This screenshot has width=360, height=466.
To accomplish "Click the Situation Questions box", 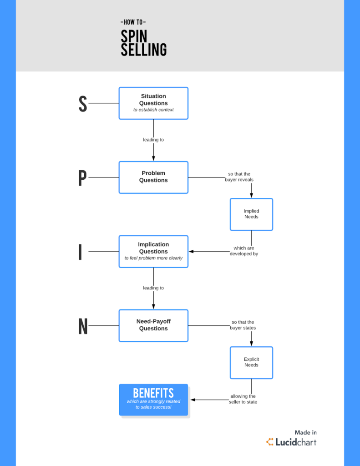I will (x=153, y=103).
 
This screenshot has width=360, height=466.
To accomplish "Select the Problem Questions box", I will (x=153, y=177).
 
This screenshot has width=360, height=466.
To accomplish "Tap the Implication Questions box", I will (x=153, y=251).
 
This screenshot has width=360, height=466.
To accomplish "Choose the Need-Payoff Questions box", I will (x=153, y=325).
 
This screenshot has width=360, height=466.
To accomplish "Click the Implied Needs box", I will (x=251, y=214).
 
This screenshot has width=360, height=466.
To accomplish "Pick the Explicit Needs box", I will (x=251, y=362).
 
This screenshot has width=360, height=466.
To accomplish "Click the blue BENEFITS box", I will (x=153, y=399).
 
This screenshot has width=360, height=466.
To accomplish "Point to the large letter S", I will (x=82, y=104).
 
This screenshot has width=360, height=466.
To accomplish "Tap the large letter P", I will (x=82, y=178).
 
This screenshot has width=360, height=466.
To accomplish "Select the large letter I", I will (x=81, y=252).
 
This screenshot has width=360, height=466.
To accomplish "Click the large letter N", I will (x=83, y=326).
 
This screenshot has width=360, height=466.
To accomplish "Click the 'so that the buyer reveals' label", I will (x=239, y=177).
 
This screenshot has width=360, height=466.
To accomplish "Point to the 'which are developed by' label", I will (x=243, y=251).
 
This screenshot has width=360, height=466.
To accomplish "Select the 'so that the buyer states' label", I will (x=243, y=325).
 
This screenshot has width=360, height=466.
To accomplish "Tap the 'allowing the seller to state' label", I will (x=243, y=399).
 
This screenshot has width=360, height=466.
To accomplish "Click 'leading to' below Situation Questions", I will (x=153, y=140).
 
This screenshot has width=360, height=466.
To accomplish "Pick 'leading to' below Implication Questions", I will (x=153, y=288).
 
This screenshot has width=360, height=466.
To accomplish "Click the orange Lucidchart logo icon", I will (x=270, y=442).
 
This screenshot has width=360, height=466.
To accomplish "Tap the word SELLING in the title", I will (x=143, y=50).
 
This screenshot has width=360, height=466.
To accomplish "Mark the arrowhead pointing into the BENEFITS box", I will (x=193, y=400).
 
